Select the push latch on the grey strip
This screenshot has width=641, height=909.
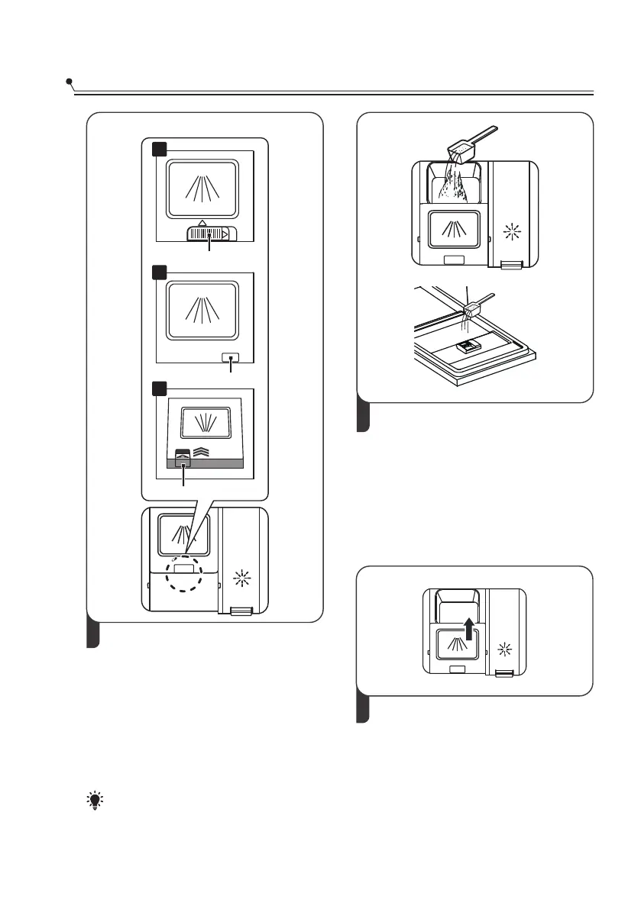coord(183,460)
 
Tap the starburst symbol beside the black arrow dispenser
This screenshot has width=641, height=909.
coord(503,649)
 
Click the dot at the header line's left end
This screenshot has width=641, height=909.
coord(69,81)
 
